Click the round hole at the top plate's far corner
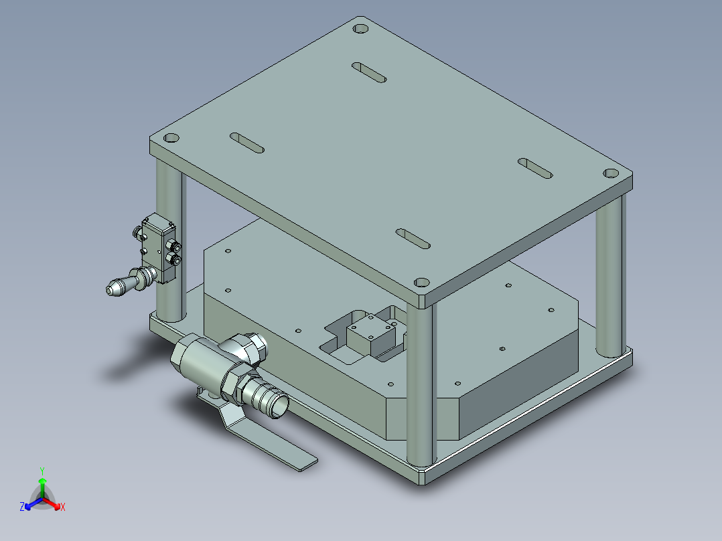tap(361, 29)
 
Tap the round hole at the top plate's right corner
tap(611, 173)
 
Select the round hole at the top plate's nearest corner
tap(421, 283)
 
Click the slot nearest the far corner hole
tap(369, 72)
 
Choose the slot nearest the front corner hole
tap(413, 238)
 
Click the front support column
tap(421, 382)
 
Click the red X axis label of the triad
tap(62, 507)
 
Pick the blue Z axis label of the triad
tap(22, 507)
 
